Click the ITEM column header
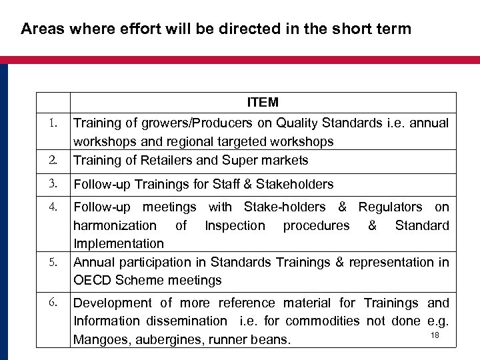coord(263,103)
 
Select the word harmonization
coord(115,225)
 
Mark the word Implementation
coord(119,244)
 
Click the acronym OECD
coord(93,280)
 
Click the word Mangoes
coord(99,341)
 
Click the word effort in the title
coord(115,29)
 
